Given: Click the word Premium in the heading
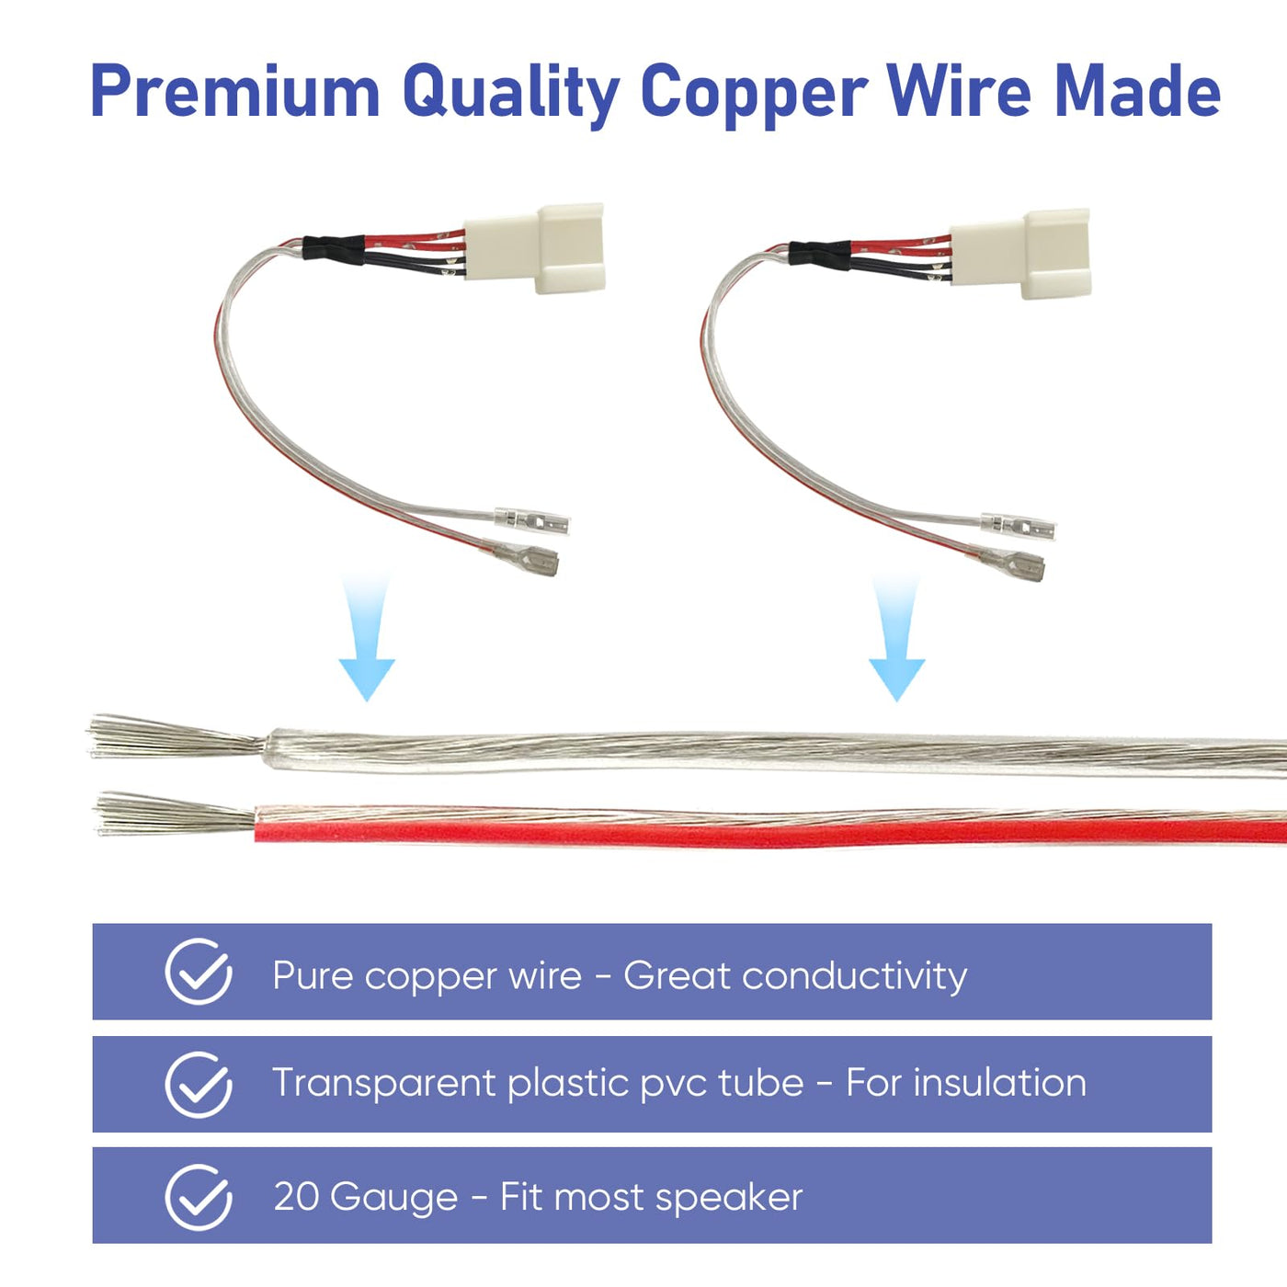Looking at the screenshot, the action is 235,91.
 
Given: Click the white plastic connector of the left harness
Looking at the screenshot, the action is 534,248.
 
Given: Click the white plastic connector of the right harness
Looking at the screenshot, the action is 1019,253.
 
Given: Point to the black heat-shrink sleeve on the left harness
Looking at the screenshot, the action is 334,249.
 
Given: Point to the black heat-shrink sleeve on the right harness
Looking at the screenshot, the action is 819,255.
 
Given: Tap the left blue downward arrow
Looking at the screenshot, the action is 367,637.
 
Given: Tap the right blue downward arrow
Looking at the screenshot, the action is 896,637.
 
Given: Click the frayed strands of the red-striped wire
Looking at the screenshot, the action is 177,814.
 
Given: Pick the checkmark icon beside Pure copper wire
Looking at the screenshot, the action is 199,972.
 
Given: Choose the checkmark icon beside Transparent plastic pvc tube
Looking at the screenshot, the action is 199,1085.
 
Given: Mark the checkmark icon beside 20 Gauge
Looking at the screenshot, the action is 199,1197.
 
